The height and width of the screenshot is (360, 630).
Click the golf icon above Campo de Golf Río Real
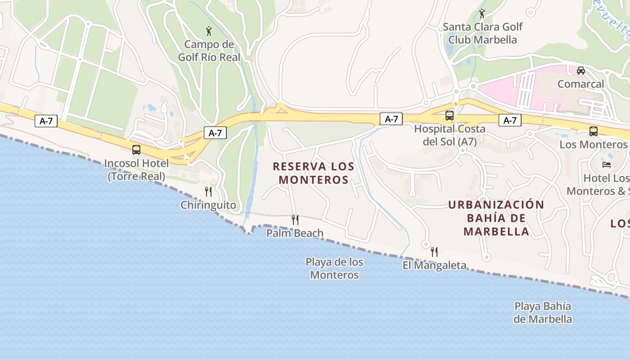tap(208, 31)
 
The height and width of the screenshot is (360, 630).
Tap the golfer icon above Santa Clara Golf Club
tap(482, 13)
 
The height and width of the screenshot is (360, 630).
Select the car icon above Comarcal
tap(580, 71)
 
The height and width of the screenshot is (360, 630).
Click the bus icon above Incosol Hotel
tap(136, 150)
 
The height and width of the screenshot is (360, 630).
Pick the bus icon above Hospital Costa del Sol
tap(449, 116)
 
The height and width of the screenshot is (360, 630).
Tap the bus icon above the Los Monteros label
tap(593, 131)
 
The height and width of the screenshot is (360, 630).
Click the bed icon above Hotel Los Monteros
tap(607, 165)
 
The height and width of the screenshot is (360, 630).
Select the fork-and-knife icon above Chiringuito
tap(208, 192)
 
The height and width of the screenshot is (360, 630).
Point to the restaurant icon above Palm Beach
tap(295, 220)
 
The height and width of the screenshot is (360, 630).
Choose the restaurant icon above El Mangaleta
tap(434, 252)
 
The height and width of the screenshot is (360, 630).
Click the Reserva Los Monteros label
tap(314, 173)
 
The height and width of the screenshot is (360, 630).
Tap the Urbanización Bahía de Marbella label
tap(496, 218)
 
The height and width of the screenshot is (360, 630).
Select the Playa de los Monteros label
tap(334, 268)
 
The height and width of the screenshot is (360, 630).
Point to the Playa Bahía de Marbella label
tap(543, 313)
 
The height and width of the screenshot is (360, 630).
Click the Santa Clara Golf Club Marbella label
tap(482, 33)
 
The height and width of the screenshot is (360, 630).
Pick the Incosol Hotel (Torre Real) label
tap(136, 169)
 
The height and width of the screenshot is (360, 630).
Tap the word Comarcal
tap(580, 84)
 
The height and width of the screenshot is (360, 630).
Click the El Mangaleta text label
tap(434, 265)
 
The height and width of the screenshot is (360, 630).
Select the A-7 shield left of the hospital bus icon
tap(391, 119)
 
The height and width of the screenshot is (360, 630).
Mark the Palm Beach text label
tap(295, 233)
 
